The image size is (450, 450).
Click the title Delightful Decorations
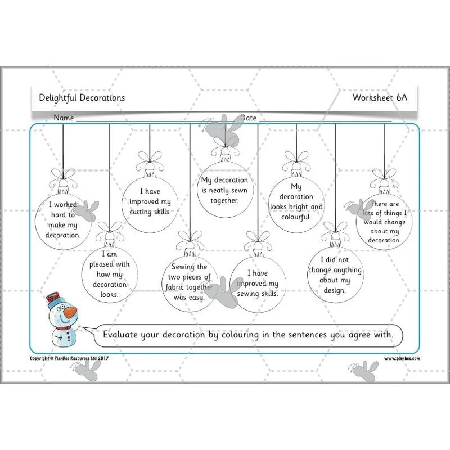click(82, 97)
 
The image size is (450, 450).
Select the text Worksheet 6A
click(380, 97)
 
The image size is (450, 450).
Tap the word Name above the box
click(64, 118)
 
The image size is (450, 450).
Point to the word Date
click(248, 118)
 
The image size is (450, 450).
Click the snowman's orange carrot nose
click(70, 312)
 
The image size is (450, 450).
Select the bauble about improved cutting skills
click(150, 204)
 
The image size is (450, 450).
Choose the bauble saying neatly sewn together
click(225, 190)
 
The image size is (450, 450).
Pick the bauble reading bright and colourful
click(296, 204)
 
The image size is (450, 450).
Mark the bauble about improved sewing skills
click(258, 284)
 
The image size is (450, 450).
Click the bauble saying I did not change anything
click(335, 274)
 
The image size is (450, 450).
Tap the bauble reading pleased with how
click(109, 274)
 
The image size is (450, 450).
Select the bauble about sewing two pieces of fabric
click(190, 284)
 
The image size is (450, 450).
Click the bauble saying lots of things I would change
click(384, 222)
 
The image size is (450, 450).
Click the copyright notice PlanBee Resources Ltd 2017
click(69, 358)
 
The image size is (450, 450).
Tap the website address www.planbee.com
click(402, 358)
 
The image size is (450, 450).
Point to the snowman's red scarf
click(64, 328)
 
